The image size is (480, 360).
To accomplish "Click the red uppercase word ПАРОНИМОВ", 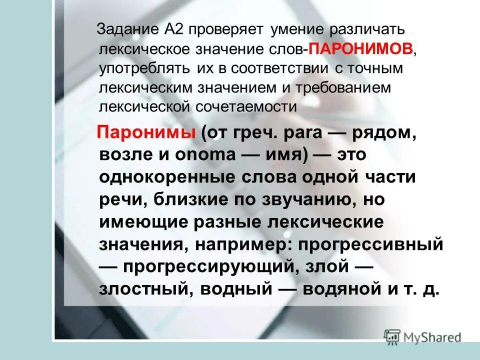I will [x=361, y=49].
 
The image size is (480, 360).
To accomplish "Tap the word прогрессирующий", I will [x=207, y=267].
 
